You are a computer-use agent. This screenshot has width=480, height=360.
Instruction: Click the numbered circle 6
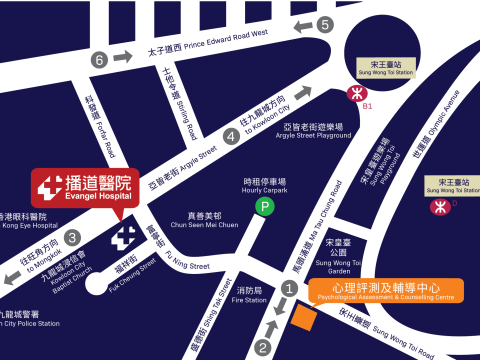99,60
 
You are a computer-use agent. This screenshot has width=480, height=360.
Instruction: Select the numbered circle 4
231,137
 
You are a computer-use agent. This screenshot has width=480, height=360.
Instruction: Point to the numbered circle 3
72,238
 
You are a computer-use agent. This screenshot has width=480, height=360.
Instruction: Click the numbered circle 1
290,288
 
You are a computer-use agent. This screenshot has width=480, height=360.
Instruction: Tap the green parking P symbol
265,207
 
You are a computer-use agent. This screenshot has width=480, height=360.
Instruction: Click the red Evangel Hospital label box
82,187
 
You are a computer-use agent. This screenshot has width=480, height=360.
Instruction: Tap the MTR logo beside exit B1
353,92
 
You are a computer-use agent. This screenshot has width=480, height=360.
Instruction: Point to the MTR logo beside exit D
437,207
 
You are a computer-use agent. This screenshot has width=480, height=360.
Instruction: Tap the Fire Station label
249,295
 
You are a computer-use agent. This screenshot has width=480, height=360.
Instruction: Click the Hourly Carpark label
264,184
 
